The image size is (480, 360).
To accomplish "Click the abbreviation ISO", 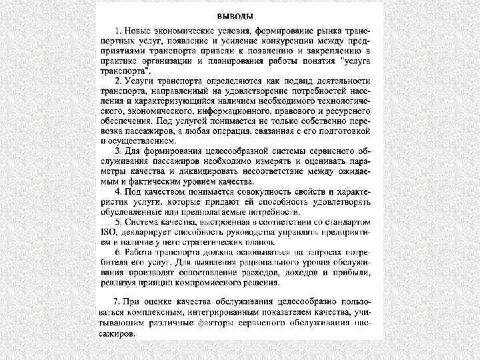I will (x=109, y=232).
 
